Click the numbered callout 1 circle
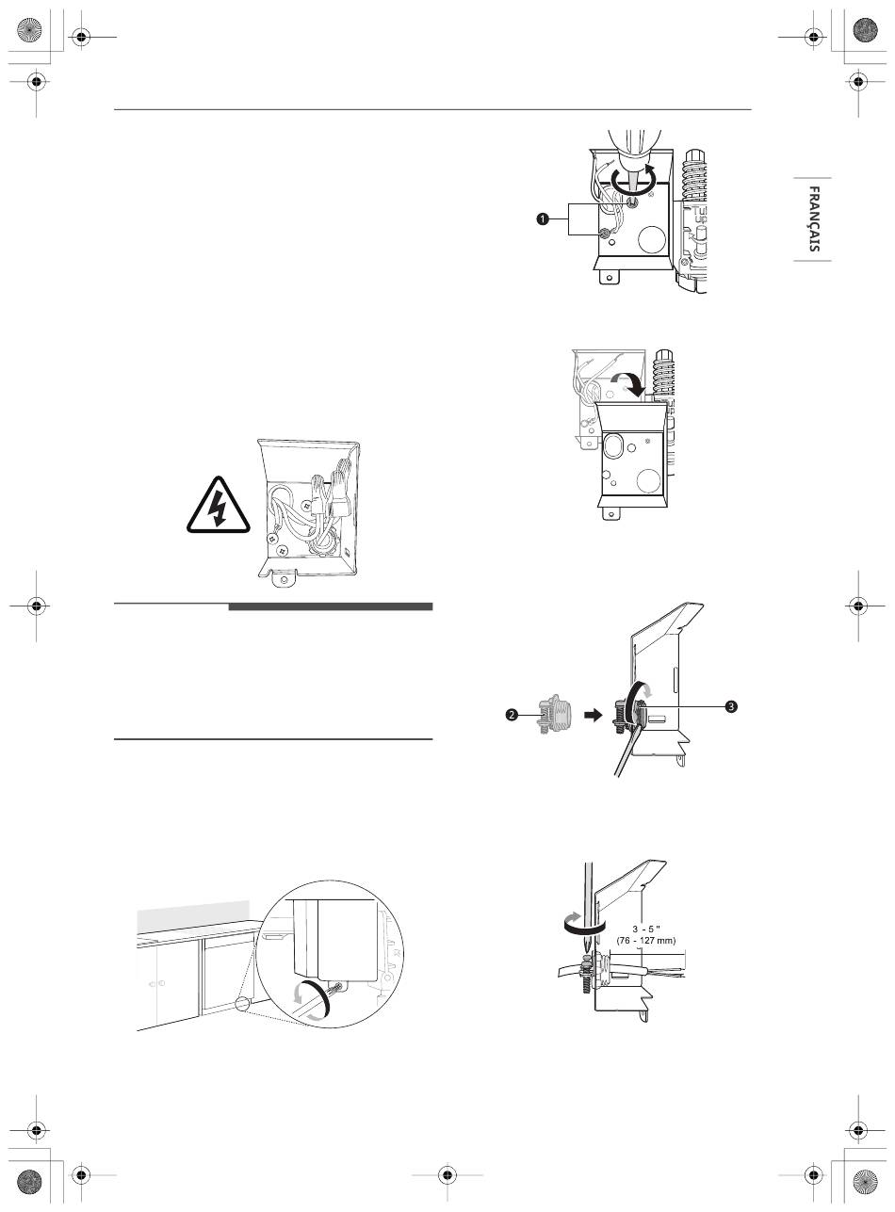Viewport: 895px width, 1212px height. click(x=543, y=219)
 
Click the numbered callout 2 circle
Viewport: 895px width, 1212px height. click(x=512, y=715)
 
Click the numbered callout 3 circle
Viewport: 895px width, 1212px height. click(x=731, y=706)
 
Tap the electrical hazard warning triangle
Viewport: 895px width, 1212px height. click(x=219, y=505)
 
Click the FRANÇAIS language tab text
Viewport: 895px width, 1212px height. click(x=814, y=219)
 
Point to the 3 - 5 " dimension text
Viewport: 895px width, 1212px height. click(x=646, y=929)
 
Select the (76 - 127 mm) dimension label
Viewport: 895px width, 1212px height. click(x=646, y=941)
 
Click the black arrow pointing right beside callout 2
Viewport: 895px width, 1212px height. click(x=593, y=715)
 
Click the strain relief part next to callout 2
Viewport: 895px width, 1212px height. click(x=551, y=715)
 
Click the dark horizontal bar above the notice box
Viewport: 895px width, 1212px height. click(x=331, y=606)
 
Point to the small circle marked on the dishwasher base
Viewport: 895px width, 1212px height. click(x=242, y=1004)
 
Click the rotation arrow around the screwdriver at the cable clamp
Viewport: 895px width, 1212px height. click(x=585, y=924)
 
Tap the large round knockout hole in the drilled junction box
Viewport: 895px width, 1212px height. click(x=651, y=237)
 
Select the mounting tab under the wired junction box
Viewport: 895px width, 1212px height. click(x=284, y=577)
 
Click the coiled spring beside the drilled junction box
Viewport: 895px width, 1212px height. click(x=693, y=174)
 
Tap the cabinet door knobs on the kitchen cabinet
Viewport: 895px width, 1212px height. click(x=157, y=984)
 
